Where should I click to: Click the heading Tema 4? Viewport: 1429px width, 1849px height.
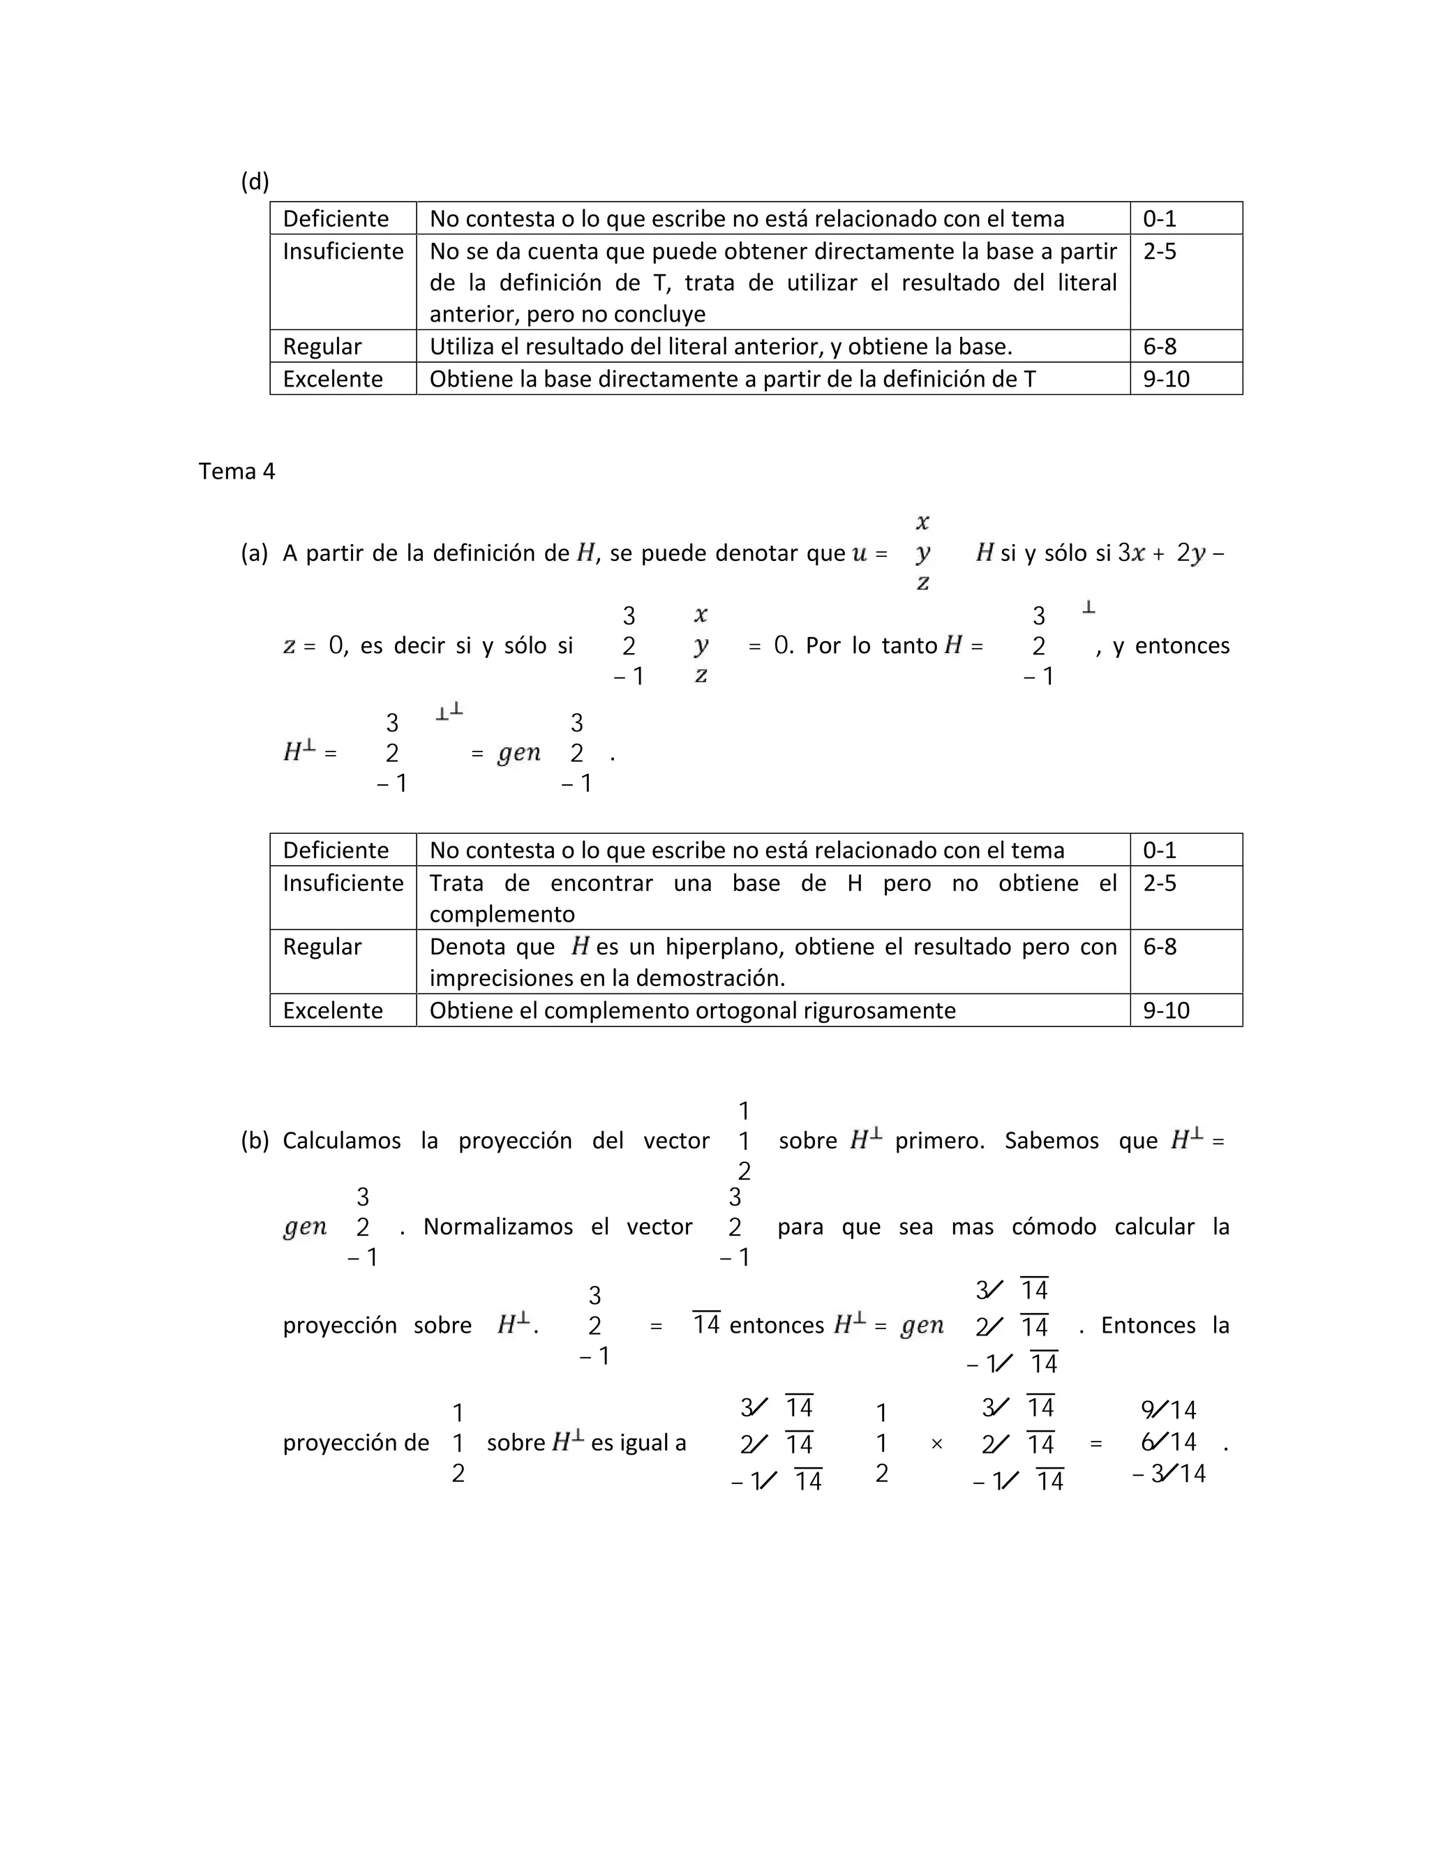click(x=237, y=471)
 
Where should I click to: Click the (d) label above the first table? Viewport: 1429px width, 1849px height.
click(x=255, y=181)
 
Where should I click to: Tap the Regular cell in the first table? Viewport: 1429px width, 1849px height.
click(x=322, y=346)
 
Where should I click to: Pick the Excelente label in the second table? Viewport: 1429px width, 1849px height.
click(x=333, y=1010)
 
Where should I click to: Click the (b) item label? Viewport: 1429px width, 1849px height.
click(x=255, y=1140)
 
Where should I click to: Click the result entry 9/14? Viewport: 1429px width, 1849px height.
click(x=1168, y=1409)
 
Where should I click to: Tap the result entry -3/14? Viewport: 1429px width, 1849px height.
click(x=1168, y=1473)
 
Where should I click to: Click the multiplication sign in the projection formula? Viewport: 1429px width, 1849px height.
click(x=936, y=1444)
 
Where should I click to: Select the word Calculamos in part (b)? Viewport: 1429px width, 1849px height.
click(x=341, y=1140)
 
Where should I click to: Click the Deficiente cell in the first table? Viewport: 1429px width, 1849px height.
click(x=335, y=218)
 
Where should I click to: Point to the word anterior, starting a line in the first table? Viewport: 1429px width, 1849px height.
click(x=472, y=314)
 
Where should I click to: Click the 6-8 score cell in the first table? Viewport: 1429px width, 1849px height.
click(x=1159, y=346)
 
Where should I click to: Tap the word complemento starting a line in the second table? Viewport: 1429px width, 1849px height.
click(x=501, y=914)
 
